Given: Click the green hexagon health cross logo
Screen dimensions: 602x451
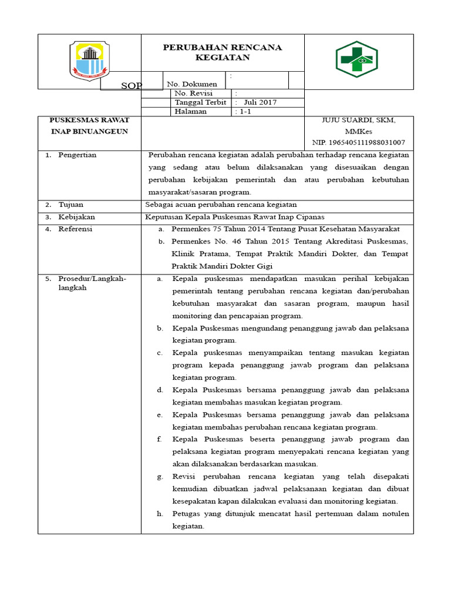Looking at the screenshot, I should tap(356, 60).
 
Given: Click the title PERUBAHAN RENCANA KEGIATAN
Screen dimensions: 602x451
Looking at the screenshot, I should tap(223, 52).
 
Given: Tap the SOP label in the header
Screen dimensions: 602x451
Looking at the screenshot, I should tap(132, 86).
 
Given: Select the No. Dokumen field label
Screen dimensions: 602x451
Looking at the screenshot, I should tap(192, 84).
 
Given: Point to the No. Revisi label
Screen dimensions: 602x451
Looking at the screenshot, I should tap(194, 93).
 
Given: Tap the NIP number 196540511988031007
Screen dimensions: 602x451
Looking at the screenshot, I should tap(358, 142).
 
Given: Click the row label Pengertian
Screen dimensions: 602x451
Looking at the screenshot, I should tap(78, 155).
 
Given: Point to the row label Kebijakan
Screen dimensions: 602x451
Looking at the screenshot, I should tap(76, 217).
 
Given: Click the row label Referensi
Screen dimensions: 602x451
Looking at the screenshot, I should tap(75, 229).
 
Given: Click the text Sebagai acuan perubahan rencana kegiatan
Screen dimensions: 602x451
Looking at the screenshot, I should tap(221, 205).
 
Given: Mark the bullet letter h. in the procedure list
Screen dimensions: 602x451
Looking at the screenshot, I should tap(160, 514).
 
